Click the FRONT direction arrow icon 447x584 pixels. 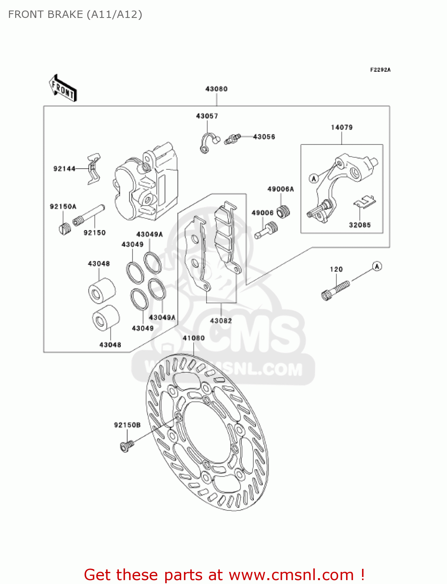point(62,88)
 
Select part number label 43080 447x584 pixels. point(216,89)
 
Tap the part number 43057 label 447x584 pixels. point(207,116)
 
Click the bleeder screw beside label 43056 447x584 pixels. point(232,139)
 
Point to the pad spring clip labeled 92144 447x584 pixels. point(94,168)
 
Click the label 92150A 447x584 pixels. point(63,206)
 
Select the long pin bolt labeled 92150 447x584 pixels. point(89,215)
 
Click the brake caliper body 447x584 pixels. point(146,183)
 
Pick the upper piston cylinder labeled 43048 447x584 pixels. point(101,291)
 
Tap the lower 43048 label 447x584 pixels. point(110,345)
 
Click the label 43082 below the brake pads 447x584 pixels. point(221,320)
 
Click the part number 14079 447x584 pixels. point(341,127)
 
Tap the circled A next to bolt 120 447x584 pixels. point(376,266)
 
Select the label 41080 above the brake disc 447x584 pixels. point(193,338)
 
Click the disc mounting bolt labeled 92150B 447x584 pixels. point(126,445)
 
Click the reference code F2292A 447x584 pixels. point(380,70)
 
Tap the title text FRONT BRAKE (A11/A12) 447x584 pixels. point(75,14)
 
